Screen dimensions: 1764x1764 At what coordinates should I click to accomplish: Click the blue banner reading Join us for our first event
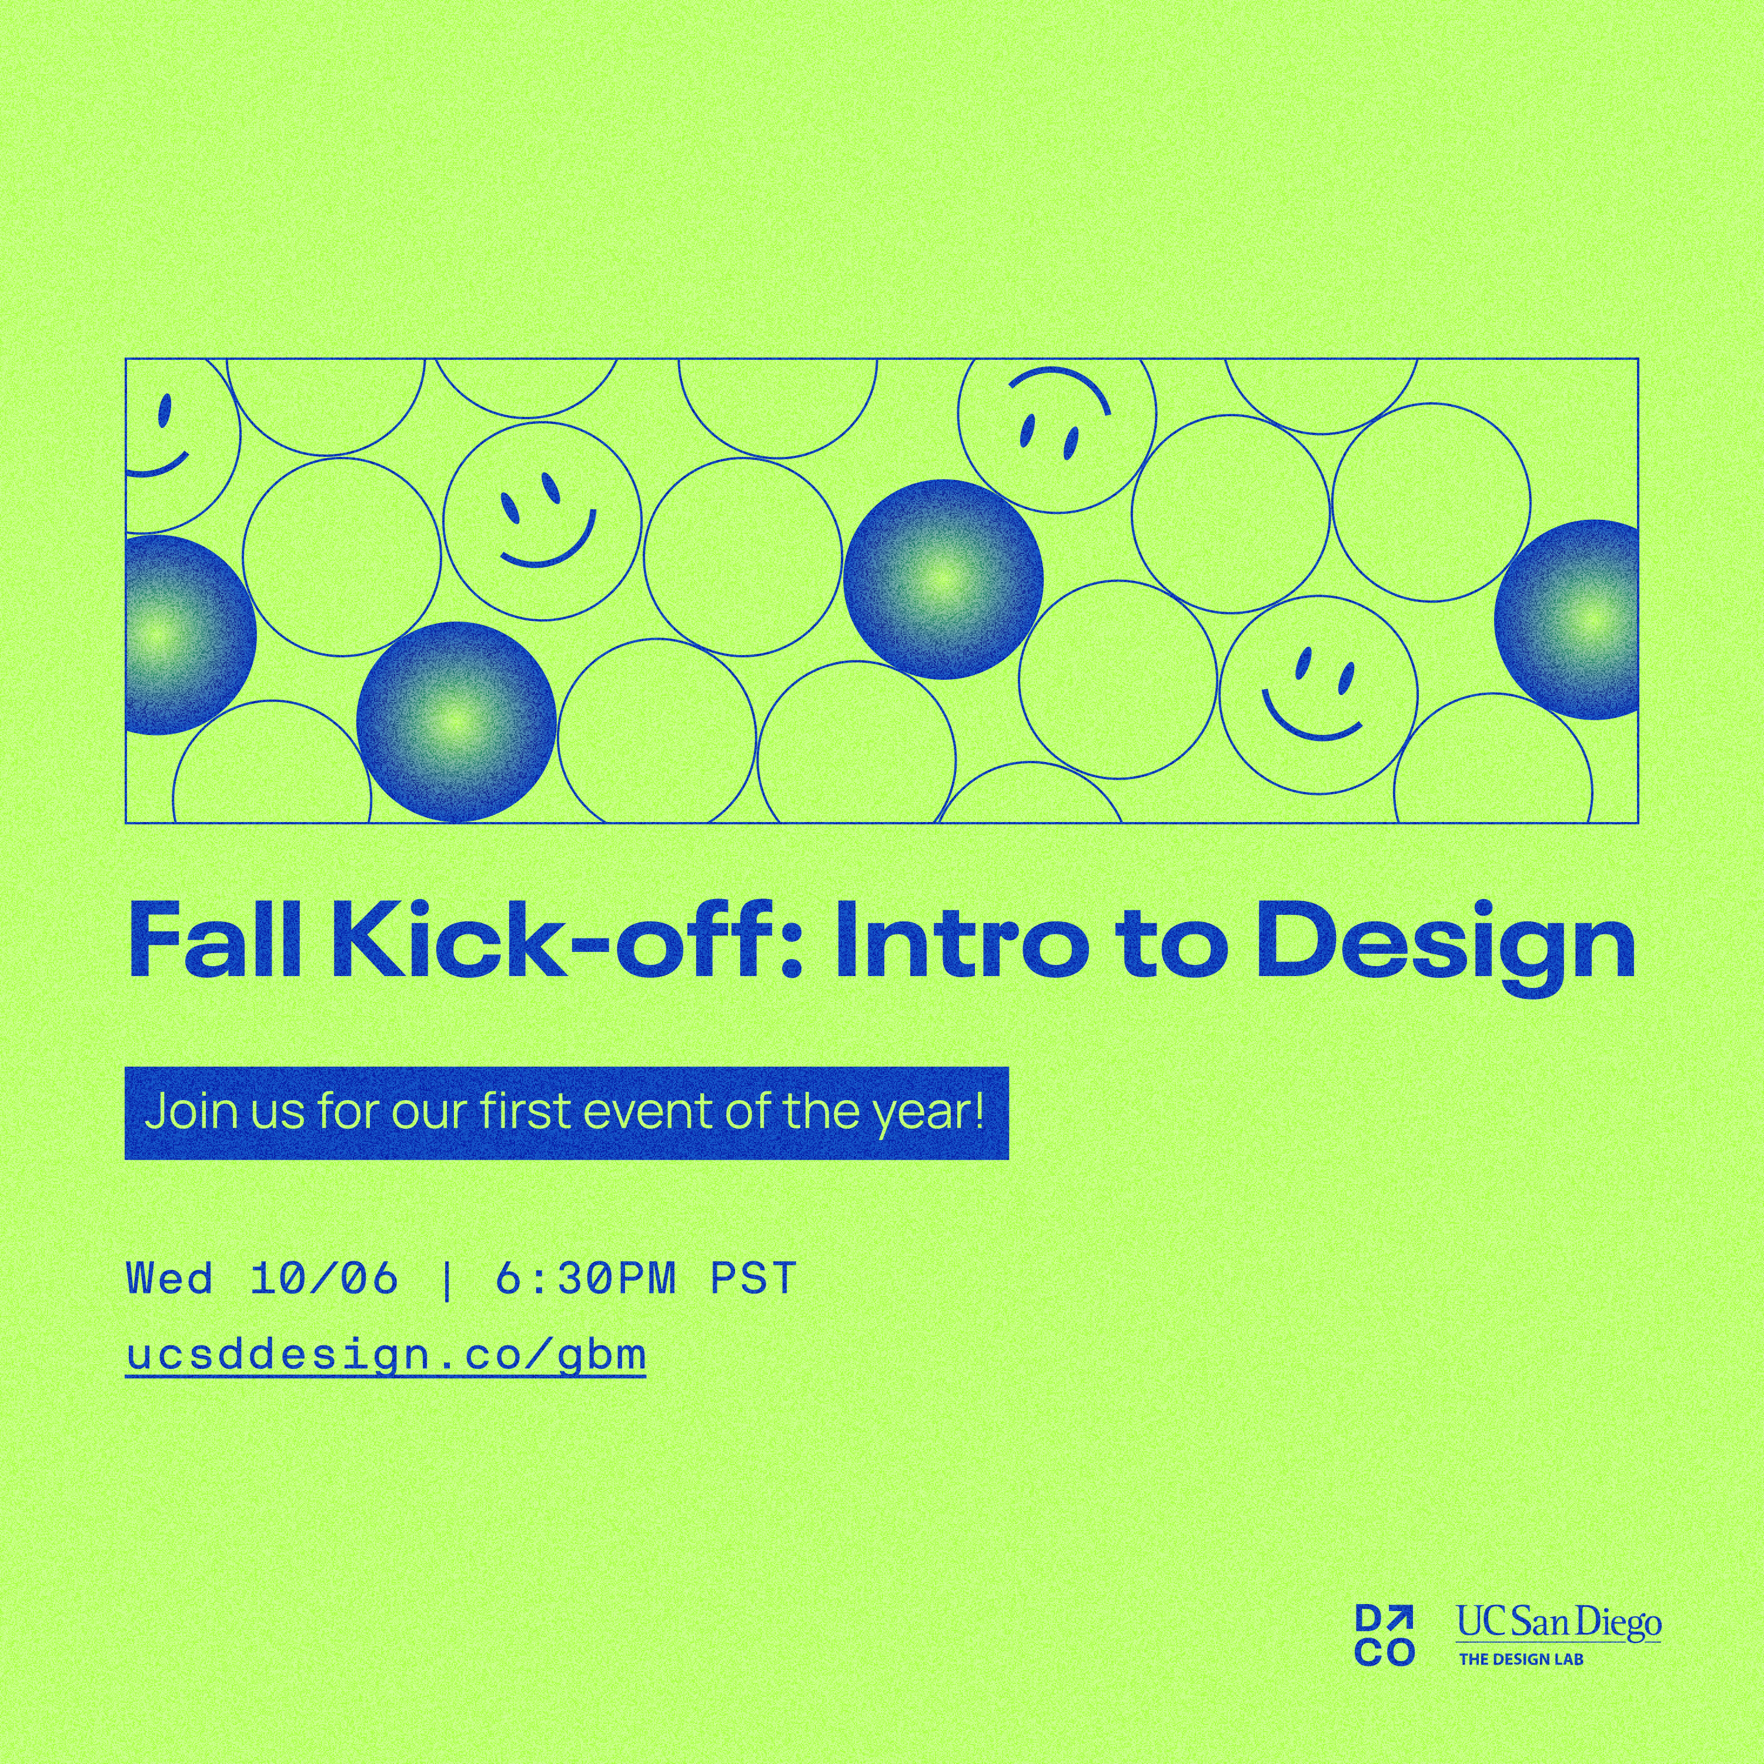(566, 1112)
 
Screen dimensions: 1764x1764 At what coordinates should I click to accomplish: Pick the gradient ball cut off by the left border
(190, 634)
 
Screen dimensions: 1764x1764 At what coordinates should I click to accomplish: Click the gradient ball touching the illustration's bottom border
(456, 722)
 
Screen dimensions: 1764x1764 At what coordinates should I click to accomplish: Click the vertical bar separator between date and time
(446, 1278)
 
